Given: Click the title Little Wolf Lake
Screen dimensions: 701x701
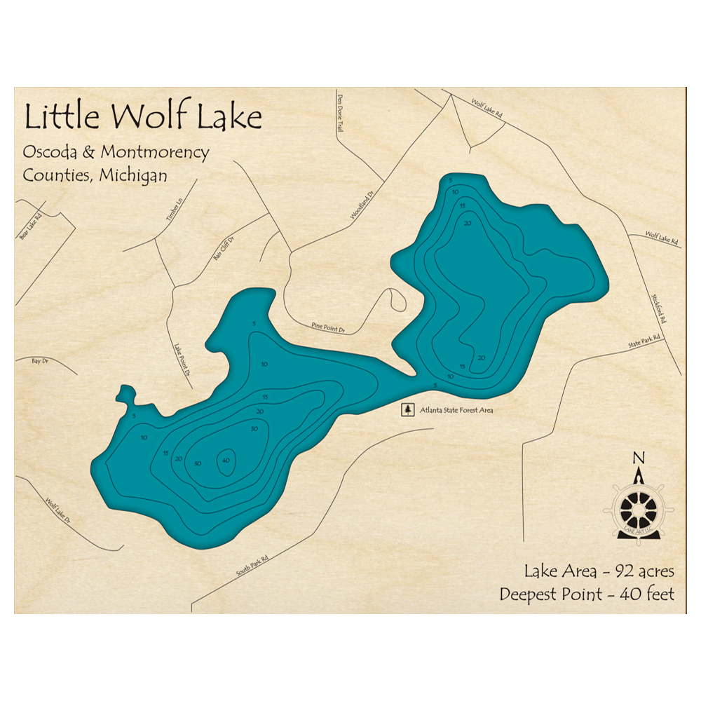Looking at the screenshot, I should pos(143,117).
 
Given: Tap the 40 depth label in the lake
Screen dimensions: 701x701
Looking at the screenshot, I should pos(226,461).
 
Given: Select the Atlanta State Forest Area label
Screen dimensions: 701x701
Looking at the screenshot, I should pos(456,410).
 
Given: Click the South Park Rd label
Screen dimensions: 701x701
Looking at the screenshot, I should pos(252,562).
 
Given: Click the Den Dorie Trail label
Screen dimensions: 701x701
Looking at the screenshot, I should pos(341,114).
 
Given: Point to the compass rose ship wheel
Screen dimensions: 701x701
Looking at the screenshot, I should pos(638,510).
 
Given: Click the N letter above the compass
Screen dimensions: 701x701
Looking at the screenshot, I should pos(639,458).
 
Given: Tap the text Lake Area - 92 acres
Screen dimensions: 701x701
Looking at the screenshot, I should pos(599,571).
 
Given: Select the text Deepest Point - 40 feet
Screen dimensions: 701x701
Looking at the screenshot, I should pos(587,594).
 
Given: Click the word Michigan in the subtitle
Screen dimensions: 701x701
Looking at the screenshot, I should pos(133,175).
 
